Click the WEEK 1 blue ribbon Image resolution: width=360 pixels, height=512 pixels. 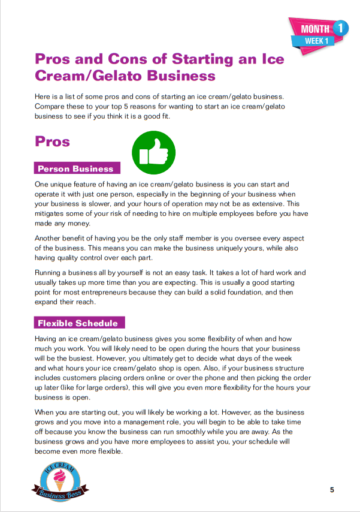tap(317, 41)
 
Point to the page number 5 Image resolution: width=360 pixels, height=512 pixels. tap(332, 490)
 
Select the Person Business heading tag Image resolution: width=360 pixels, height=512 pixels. tap(75, 168)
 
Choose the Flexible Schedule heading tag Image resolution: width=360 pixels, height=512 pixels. tap(78, 323)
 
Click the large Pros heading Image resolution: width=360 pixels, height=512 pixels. tap(53, 141)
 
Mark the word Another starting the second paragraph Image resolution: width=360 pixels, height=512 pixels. tap(50, 238)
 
